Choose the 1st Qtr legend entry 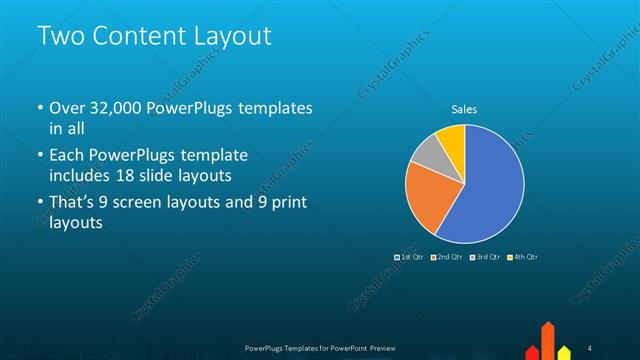[410, 257]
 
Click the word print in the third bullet [288, 203]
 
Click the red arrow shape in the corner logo [548, 340]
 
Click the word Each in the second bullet [67, 156]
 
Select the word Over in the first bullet [68, 108]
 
